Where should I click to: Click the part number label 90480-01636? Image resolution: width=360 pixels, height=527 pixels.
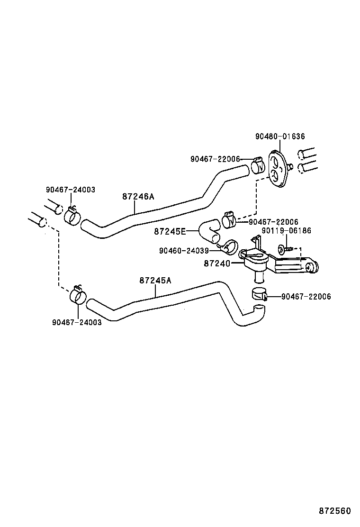pos(280,136)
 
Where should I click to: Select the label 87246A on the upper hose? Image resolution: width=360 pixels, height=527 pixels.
pos(138,197)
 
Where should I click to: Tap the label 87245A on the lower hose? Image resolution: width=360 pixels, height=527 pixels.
pos(155,280)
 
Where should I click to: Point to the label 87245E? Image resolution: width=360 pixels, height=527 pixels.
pos(170,231)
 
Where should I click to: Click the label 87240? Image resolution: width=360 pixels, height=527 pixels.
pos(217,263)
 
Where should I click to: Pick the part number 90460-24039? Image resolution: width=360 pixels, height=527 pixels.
pos(184,251)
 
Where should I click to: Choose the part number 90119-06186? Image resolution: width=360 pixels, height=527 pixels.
pos(287,230)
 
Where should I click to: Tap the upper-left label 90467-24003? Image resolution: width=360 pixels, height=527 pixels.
pos(71,190)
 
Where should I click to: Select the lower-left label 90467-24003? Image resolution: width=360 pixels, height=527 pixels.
pos(77,322)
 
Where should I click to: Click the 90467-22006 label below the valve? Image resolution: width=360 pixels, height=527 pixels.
pos(306,297)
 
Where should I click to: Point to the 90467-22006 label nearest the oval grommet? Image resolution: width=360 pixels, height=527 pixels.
pos(215,159)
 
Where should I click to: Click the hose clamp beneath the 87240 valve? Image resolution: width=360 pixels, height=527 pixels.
pos(259,294)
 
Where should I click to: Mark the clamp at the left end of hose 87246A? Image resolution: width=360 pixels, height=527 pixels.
pos(72,215)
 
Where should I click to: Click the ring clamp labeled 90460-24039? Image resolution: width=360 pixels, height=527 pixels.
pos(228,247)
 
